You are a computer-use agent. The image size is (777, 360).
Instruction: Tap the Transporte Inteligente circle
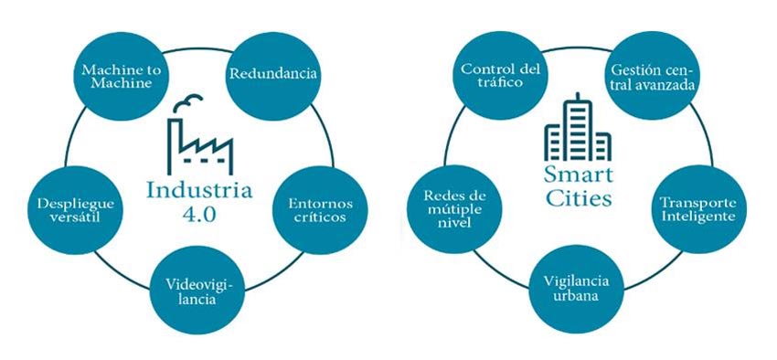[696, 209]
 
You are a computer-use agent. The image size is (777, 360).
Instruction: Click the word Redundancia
[273, 74]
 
